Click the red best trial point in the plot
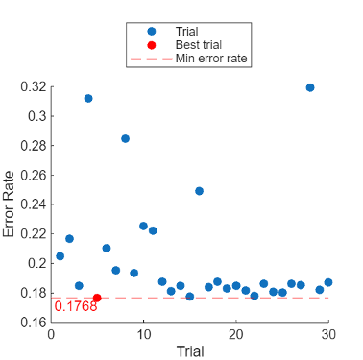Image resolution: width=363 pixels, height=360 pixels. (x=97, y=298)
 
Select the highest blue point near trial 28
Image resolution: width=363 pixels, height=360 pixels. (x=310, y=87)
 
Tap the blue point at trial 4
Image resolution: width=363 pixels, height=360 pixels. (x=88, y=98)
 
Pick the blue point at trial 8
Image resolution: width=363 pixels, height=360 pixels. (x=125, y=138)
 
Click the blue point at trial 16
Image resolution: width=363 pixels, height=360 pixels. (x=199, y=191)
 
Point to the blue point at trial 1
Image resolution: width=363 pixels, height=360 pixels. (x=60, y=256)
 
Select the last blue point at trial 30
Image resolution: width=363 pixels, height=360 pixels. (x=328, y=282)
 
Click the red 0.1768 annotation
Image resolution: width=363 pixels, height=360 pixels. (x=76, y=307)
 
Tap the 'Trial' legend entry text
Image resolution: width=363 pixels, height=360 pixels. (x=188, y=32)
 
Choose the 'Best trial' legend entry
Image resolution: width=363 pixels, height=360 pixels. (x=200, y=45)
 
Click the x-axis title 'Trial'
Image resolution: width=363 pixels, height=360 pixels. (x=189, y=351)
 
